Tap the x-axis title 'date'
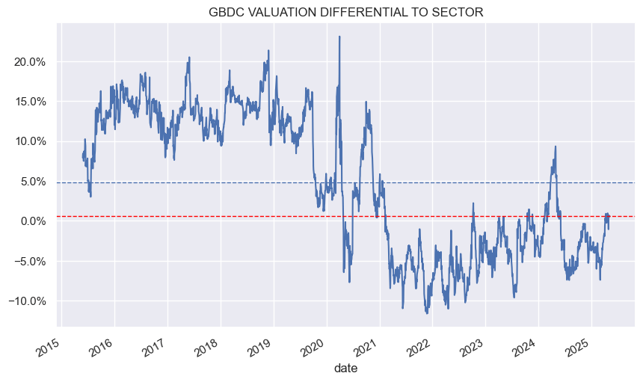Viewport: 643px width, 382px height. click(x=346, y=368)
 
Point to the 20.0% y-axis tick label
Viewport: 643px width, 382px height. click(x=31, y=61)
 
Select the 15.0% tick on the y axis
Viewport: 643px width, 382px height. click(x=31, y=101)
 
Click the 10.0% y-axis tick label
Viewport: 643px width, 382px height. click(x=31, y=141)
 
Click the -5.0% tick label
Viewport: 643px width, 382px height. click(x=32, y=261)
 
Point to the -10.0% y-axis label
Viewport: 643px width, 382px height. click(x=30, y=301)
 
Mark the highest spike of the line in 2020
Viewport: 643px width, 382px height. click(x=339, y=37)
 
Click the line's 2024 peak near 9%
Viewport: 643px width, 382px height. click(x=556, y=147)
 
